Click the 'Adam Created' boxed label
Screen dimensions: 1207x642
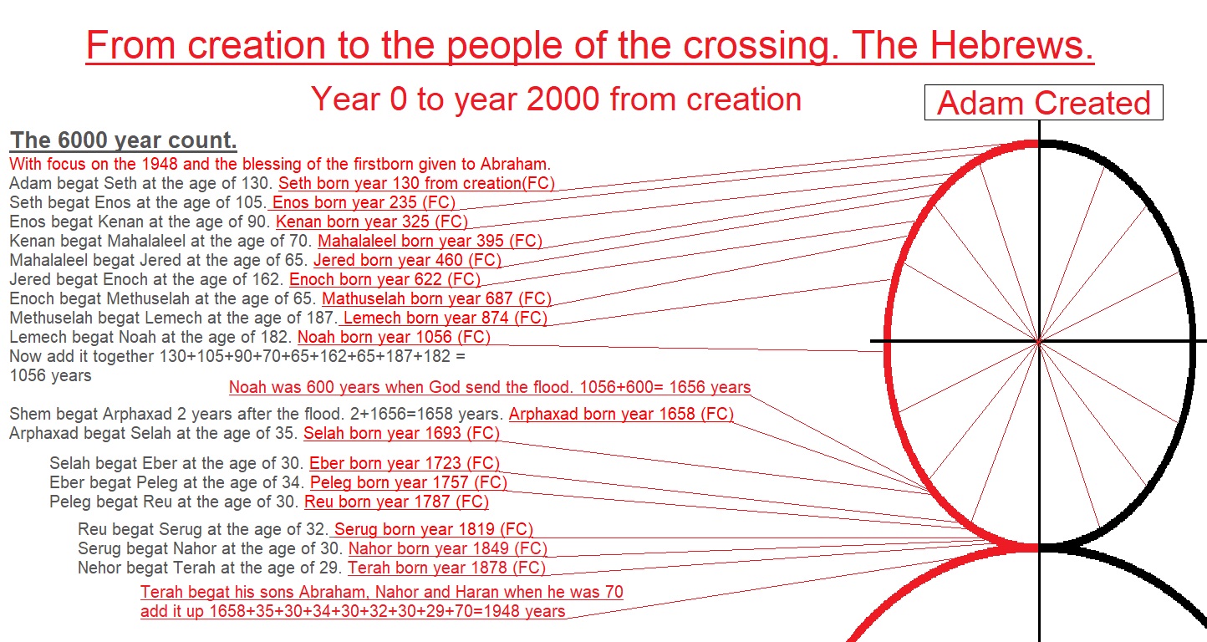[1044, 103]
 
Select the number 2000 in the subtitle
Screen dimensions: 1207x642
[563, 99]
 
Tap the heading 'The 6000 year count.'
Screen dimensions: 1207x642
[124, 140]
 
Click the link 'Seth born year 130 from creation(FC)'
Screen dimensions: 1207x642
[416, 183]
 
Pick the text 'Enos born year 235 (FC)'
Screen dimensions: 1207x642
[364, 202]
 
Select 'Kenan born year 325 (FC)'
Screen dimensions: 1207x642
[372, 222]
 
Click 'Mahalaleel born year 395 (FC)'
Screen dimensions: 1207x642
[430, 241]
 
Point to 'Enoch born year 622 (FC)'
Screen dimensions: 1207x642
[385, 279]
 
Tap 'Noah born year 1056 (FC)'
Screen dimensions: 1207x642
[394, 337]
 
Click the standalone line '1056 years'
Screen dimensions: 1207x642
[51, 375]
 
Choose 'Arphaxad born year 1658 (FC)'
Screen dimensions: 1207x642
[621, 414]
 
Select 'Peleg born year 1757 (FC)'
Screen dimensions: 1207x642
[409, 482]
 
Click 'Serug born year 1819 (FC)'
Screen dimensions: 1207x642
[433, 529]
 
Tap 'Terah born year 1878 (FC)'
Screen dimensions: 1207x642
[446, 568]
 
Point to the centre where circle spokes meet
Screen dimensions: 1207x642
[1040, 341]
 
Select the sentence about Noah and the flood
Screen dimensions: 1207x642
[490, 387]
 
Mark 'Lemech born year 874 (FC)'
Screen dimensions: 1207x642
[445, 318]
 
